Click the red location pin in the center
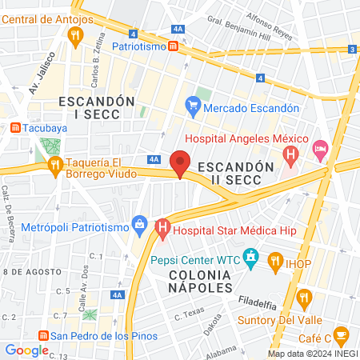[x=180, y=162]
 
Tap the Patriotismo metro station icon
[x=174, y=47]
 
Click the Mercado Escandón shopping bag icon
[x=192, y=104]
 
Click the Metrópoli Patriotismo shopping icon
[x=139, y=223]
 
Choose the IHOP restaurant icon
[x=275, y=259]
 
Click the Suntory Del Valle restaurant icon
[x=303, y=299]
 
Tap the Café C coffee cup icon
[x=341, y=334]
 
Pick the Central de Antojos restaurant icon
[x=76, y=34]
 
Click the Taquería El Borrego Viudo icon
[x=55, y=166]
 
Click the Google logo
[x=26, y=350]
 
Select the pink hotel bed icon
[x=321, y=148]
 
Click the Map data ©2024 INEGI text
[x=311, y=353]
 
